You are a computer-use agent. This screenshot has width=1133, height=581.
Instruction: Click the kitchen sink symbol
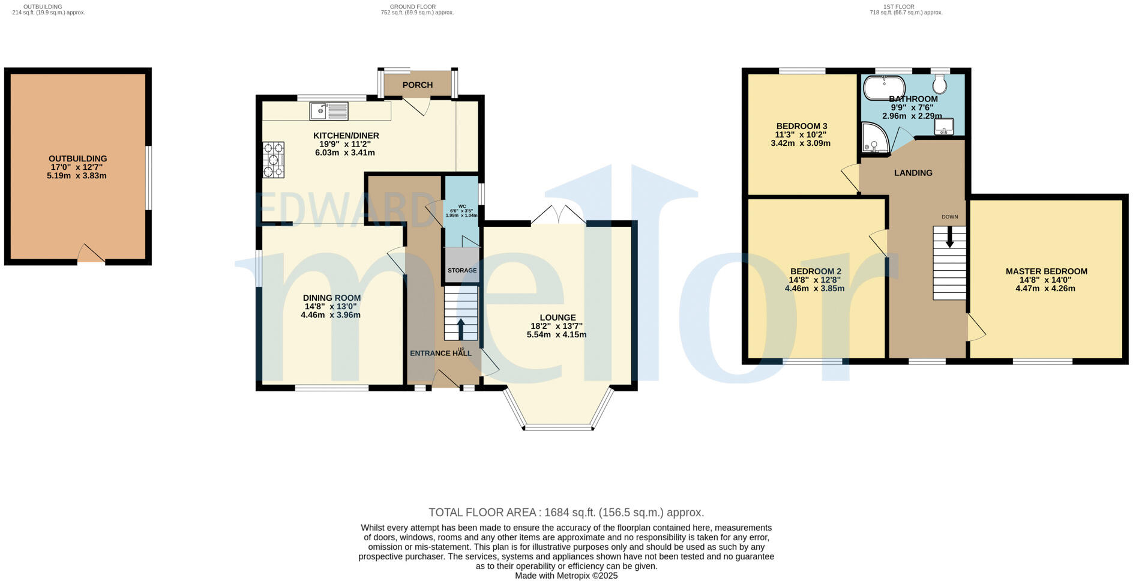click(x=328, y=111)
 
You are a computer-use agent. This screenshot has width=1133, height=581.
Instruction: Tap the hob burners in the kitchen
click(x=273, y=160)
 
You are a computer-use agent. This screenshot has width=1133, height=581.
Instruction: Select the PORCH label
click(x=418, y=85)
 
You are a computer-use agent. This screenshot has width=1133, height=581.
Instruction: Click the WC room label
click(x=461, y=206)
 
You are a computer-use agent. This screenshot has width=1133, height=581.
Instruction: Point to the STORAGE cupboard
click(x=461, y=270)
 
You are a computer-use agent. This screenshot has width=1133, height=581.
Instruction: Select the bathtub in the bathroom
click(x=884, y=88)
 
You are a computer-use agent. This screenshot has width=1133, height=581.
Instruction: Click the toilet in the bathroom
click(x=940, y=85)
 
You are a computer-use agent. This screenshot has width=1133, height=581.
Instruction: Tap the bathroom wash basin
click(x=944, y=126)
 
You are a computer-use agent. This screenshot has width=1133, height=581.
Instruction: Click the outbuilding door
click(x=91, y=254)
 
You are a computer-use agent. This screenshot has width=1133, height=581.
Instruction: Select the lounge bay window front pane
click(x=558, y=428)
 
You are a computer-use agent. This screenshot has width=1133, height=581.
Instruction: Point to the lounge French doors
click(x=559, y=216)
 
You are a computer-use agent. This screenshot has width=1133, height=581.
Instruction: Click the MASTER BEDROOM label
click(x=1046, y=271)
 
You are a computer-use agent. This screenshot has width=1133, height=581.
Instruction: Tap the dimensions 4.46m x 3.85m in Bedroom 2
click(x=814, y=288)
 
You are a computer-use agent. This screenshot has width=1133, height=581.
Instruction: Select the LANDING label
click(x=913, y=173)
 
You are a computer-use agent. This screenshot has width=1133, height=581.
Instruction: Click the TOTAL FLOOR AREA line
click(x=566, y=513)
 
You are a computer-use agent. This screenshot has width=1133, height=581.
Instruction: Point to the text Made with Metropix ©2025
click(x=566, y=576)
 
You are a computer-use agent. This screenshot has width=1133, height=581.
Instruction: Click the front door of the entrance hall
click(x=445, y=381)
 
